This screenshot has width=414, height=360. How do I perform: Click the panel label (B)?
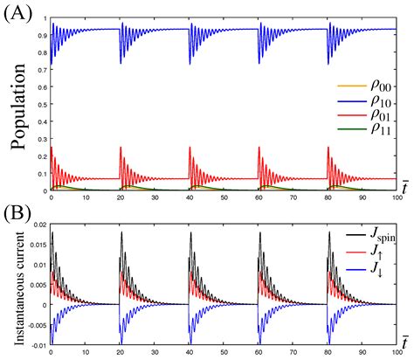19,210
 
